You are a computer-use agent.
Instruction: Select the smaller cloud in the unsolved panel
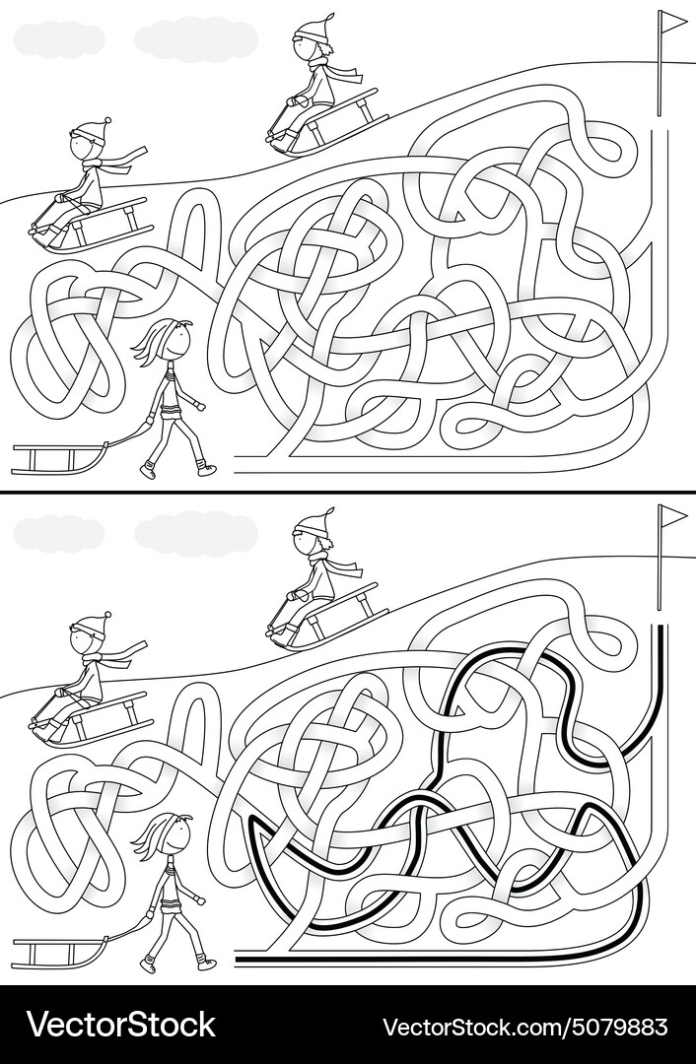tap(59, 39)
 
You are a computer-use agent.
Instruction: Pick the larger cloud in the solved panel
tap(195, 532)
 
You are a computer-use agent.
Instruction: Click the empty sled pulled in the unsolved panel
tap(59, 456)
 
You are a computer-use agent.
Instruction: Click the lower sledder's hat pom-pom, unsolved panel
tap(105, 121)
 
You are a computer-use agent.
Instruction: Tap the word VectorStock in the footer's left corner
tap(120, 1025)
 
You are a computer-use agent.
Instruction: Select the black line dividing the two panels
tap(348, 492)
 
